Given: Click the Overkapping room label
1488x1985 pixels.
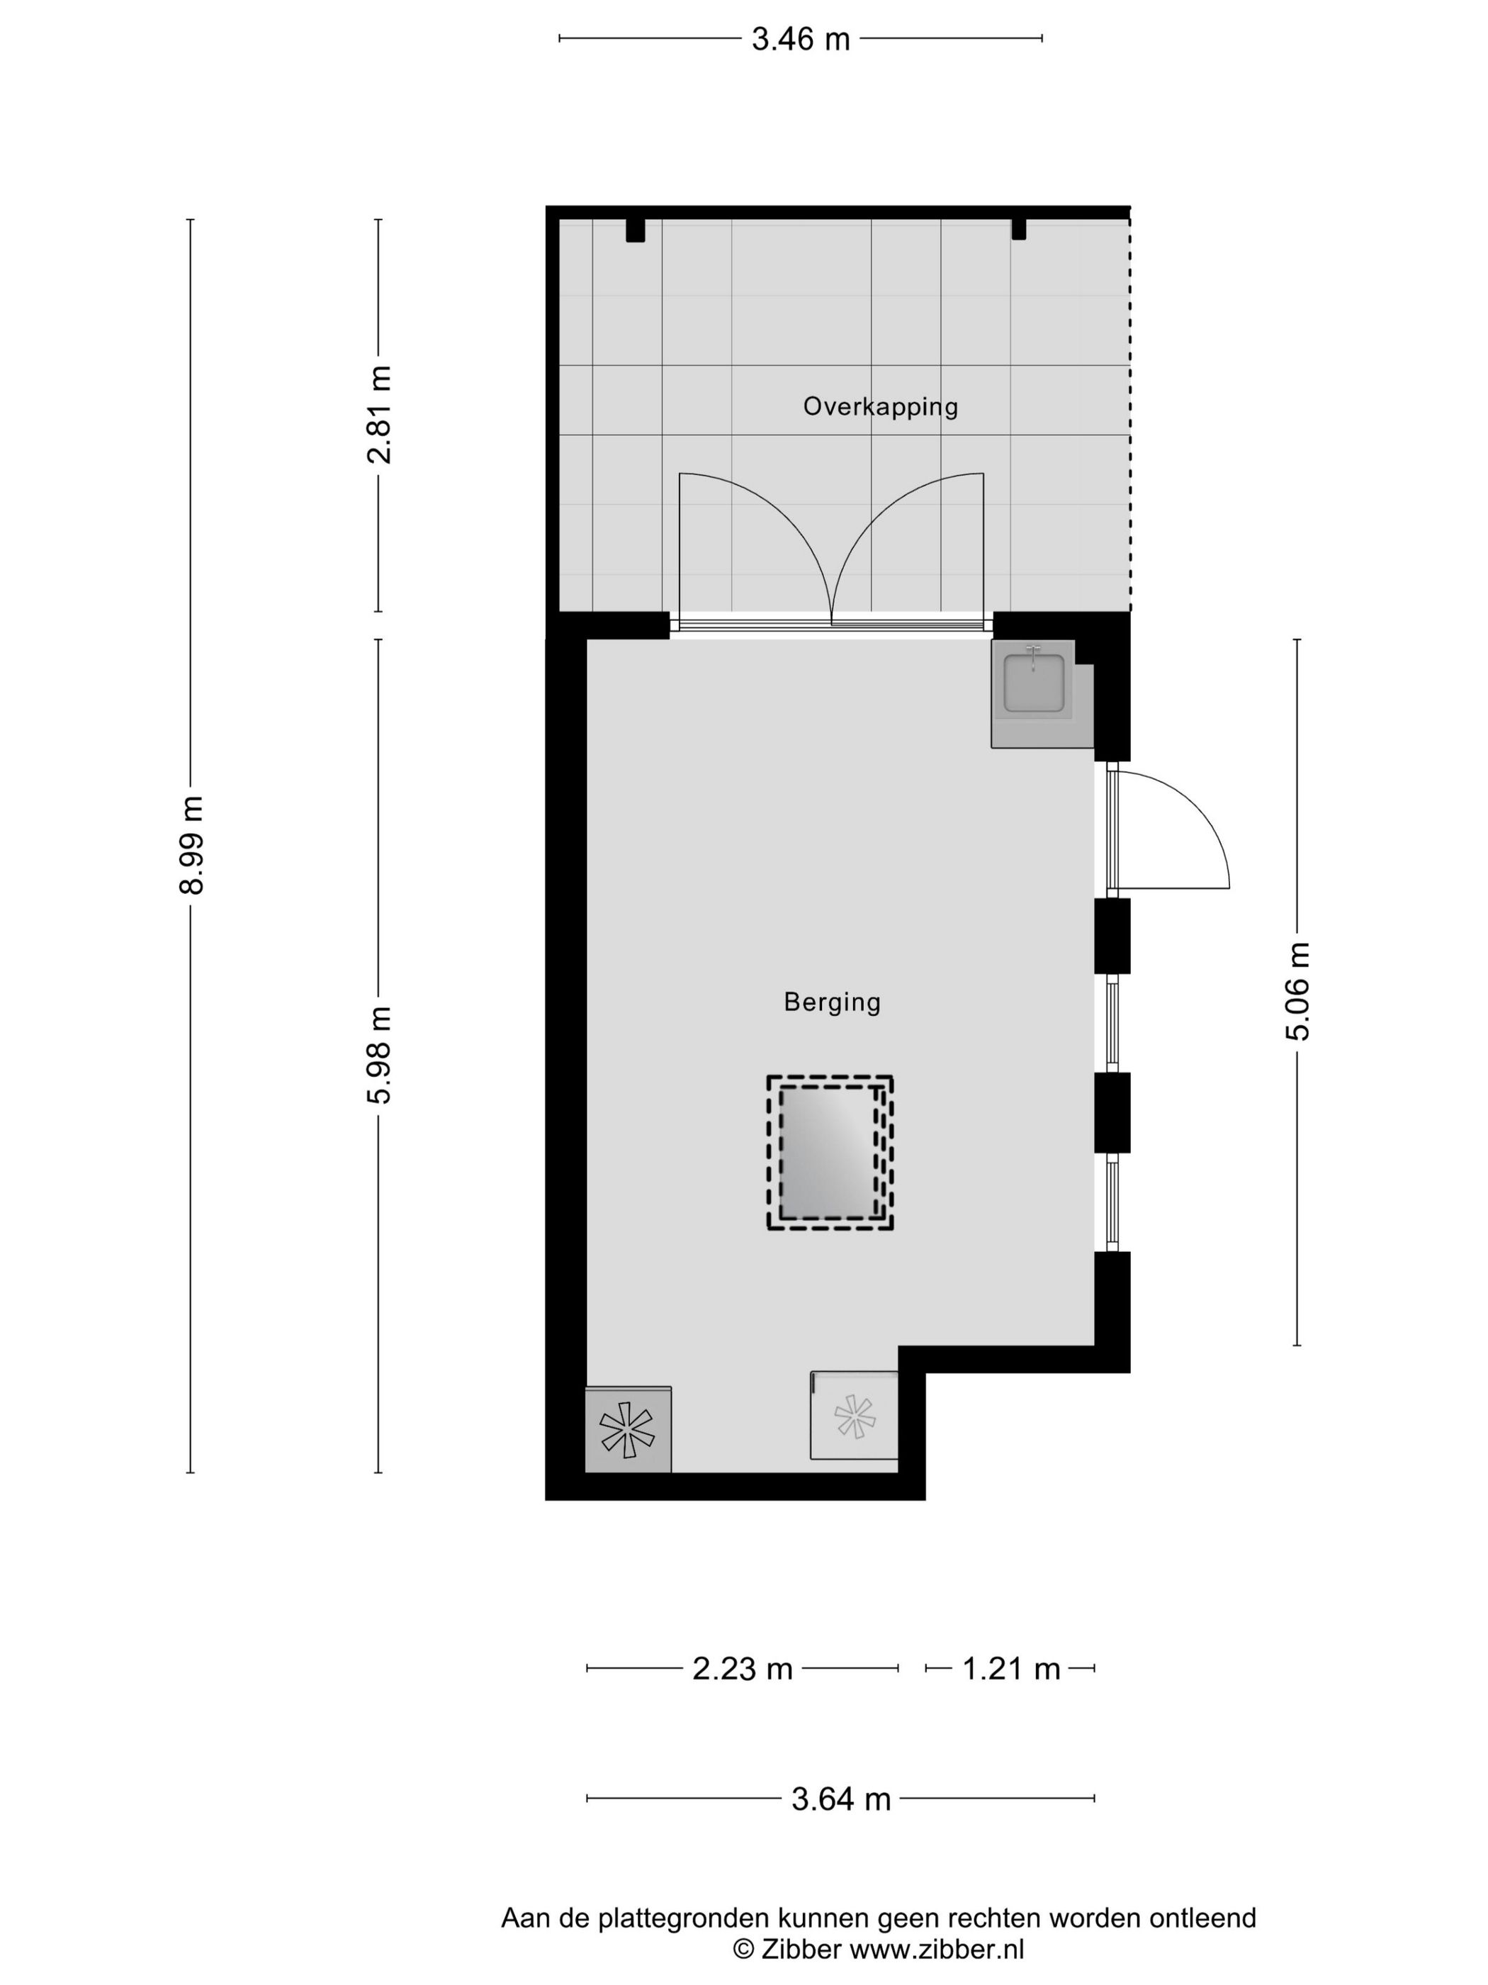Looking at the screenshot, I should tap(879, 406).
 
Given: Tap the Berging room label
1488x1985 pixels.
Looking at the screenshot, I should tap(831, 1002).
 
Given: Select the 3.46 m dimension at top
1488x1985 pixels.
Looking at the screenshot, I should tap(800, 38).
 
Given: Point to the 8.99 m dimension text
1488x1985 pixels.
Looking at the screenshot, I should tap(191, 844).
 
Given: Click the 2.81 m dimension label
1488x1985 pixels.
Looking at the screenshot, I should tap(379, 414).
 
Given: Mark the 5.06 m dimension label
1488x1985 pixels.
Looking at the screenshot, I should tap(1297, 990).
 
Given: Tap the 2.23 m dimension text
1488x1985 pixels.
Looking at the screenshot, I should tap(742, 1668).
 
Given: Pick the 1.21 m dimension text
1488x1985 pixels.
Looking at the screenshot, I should tap(1011, 1668).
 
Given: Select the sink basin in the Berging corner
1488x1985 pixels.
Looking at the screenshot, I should tap(1033, 684).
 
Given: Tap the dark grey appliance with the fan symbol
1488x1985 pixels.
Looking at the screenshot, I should tap(627, 1429).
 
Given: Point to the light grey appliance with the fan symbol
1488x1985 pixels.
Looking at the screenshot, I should tap(854, 1417).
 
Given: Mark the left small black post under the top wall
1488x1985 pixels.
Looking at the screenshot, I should tap(635, 230).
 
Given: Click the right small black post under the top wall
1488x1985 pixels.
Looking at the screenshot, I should tap(1018, 230).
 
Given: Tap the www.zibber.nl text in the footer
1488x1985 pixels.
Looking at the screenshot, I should tap(937, 1948).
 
